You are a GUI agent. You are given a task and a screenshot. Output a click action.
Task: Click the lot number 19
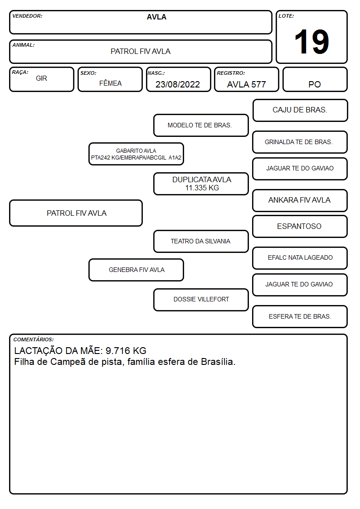click(x=311, y=42)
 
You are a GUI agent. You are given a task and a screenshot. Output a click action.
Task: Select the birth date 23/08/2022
click(x=178, y=84)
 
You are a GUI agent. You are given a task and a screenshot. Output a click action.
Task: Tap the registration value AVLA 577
click(x=246, y=84)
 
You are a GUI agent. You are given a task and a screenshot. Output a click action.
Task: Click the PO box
click(x=315, y=79)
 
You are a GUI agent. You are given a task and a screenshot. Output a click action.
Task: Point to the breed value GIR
click(x=42, y=78)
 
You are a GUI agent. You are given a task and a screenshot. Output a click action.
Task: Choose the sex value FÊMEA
click(x=110, y=83)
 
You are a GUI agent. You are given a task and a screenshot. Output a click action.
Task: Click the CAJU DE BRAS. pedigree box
click(x=300, y=111)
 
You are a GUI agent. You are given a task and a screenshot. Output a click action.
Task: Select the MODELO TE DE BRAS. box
click(x=201, y=125)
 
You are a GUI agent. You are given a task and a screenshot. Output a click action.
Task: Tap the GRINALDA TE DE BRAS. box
click(x=300, y=142)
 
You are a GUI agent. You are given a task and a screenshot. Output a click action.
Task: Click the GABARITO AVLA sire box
click(x=136, y=154)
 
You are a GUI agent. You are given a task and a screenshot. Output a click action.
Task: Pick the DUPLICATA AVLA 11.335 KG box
click(x=201, y=184)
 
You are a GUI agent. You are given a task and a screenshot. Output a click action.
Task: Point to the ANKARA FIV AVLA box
click(x=300, y=200)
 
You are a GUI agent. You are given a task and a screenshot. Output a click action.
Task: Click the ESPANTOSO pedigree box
click(x=300, y=227)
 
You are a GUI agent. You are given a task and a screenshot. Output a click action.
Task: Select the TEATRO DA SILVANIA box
click(x=201, y=242)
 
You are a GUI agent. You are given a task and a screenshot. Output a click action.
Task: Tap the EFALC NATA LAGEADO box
click(x=300, y=258)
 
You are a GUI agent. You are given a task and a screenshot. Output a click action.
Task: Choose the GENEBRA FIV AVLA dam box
click(x=136, y=270)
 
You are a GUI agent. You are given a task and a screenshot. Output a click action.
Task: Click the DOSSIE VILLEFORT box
click(x=201, y=300)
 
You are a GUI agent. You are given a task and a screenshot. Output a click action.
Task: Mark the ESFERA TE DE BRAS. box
click(x=300, y=316)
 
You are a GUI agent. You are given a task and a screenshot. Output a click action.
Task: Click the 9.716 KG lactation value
click(x=126, y=351)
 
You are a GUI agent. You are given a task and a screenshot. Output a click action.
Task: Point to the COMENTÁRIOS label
click(x=34, y=339)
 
